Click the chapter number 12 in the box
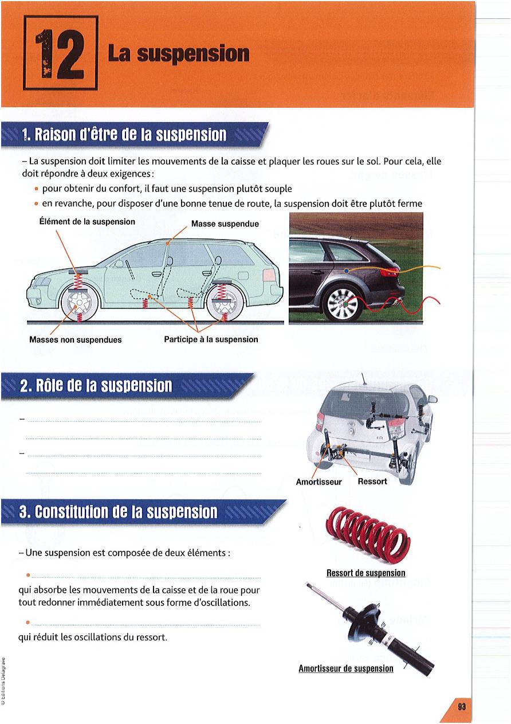pos(60,53)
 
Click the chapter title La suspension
pos(178,54)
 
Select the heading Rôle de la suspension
pos(96,386)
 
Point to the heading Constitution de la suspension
pos(119,512)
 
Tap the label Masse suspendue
pos(225,224)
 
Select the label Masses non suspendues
pos(76,339)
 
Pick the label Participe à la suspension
pos(211,339)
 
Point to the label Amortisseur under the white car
pos(319,482)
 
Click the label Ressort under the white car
pos(372,481)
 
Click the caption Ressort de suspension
pos(365,573)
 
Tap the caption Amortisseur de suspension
pos(346,668)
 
